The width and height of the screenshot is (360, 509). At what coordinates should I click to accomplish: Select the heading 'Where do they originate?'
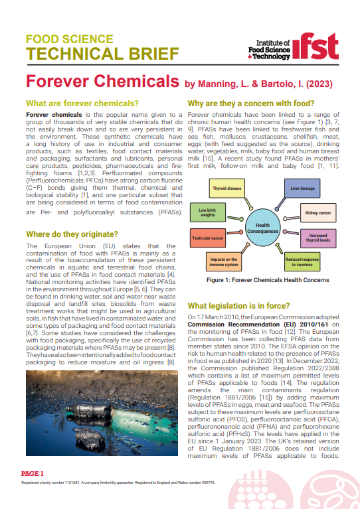pyautogui.click(x=72, y=234)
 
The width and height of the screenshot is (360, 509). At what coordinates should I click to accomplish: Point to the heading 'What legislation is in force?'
pyautogui.click(x=239, y=305)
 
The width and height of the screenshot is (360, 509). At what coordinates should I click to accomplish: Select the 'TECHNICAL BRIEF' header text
pyautogui.click(x=102, y=53)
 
